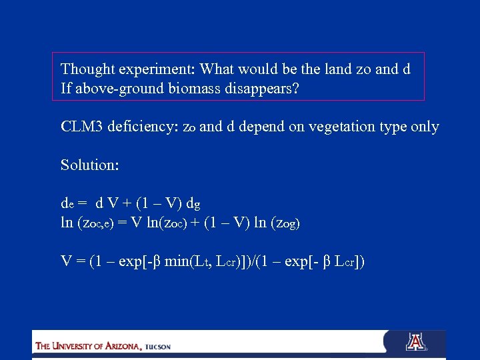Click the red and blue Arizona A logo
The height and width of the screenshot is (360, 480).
pyautogui.click(x=416, y=342)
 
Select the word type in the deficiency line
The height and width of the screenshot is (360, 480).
pyautogui.click(x=389, y=127)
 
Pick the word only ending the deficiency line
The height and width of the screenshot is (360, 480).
pyautogui.click(x=424, y=127)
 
